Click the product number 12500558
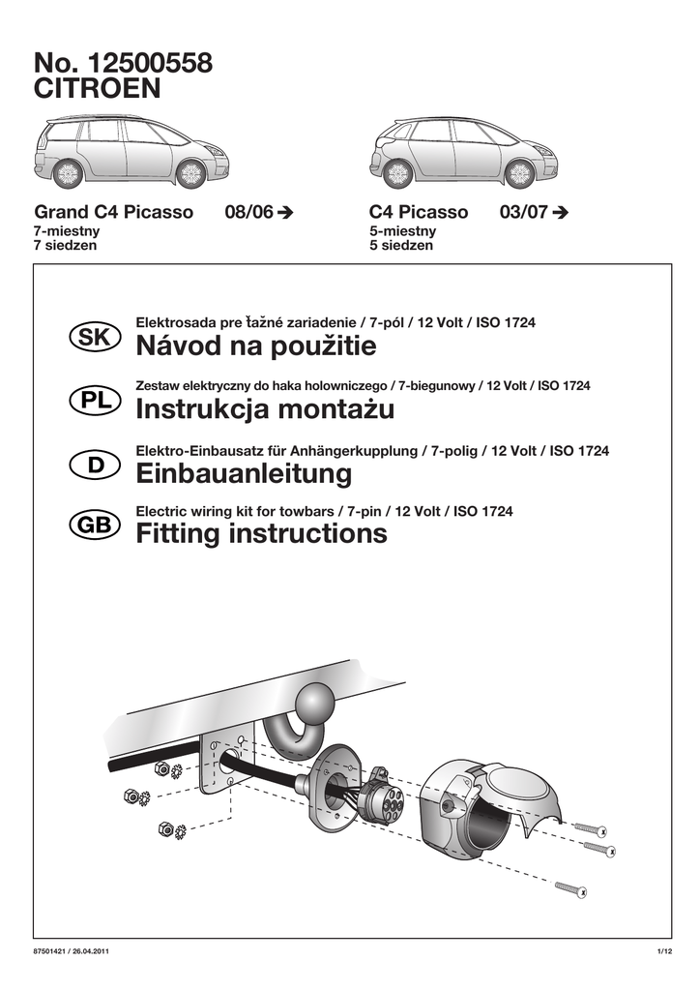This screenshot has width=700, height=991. coord(150,63)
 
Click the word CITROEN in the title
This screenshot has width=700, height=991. coord(98,89)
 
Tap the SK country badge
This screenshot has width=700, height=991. coord(95,337)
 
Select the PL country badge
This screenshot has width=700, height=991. coord(95,400)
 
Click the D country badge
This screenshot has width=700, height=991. coord(95,465)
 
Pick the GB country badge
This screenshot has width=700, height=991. coord(95,525)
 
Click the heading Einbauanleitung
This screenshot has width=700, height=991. coord(244,474)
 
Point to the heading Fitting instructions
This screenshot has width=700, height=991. coord(261,533)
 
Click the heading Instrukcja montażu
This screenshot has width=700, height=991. coord(265,410)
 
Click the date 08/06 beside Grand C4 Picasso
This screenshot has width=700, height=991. coord(248,212)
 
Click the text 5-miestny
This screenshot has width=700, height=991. coord(402,231)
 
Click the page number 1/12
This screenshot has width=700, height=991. coord(664,954)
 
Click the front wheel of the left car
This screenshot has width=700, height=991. coord(190,173)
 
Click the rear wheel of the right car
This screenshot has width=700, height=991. coord(398,174)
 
